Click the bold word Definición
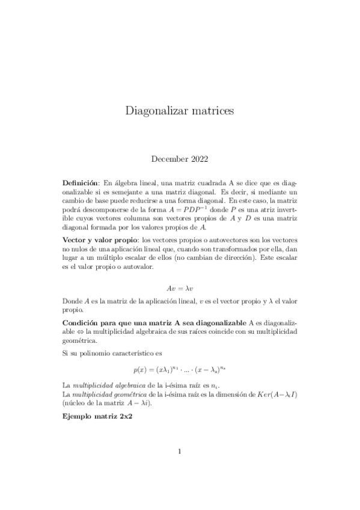pyautogui.click(x=81, y=182)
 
